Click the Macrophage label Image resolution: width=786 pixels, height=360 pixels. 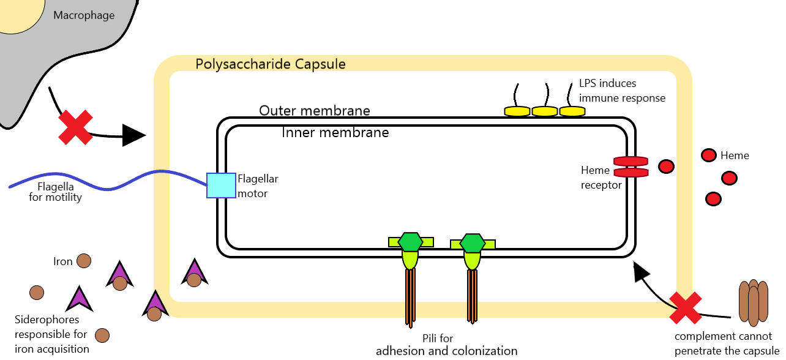[x=84, y=15]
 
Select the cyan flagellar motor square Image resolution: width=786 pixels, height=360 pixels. [x=221, y=186]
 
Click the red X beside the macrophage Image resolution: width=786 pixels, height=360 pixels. [x=75, y=127]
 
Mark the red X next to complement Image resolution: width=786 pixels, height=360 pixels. [x=685, y=308]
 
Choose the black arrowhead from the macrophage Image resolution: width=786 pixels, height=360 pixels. [x=133, y=135]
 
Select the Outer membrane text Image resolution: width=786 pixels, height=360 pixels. [x=315, y=111]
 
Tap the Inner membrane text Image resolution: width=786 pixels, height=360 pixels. [x=335, y=132]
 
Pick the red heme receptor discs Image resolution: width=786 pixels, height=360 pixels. [x=631, y=167]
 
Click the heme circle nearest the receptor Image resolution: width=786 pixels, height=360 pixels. [x=666, y=167]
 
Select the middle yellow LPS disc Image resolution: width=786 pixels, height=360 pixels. [x=544, y=111]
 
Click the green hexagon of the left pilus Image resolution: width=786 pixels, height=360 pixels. [x=410, y=242]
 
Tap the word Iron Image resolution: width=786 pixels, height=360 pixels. [x=63, y=262]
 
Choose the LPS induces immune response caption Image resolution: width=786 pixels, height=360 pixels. [x=622, y=91]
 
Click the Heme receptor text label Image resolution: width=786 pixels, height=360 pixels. [x=601, y=178]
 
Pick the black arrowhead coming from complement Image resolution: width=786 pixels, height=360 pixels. [x=640, y=271]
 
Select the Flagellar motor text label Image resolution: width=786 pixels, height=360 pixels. [x=258, y=186]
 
